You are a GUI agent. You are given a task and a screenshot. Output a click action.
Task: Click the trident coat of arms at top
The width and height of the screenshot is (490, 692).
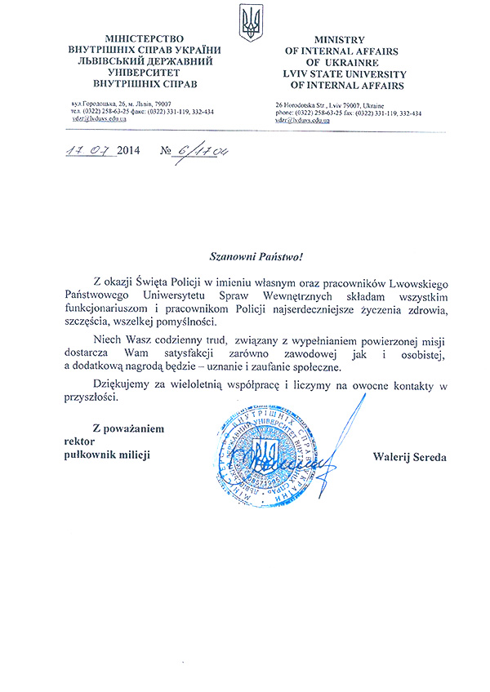click(251, 23)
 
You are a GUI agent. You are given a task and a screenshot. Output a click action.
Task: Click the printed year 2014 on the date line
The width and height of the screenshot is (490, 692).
click(129, 151)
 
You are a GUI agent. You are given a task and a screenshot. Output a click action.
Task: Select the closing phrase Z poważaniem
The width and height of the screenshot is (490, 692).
click(128, 428)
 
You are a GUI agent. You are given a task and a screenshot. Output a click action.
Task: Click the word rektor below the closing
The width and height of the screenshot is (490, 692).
click(80, 441)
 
